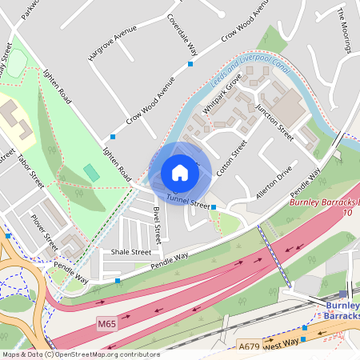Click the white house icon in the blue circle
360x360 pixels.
[180, 173]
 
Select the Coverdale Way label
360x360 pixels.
[182, 34]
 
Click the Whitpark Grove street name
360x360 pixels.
[222, 94]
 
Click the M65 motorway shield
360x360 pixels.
[107, 323]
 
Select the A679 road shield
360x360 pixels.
[250, 346]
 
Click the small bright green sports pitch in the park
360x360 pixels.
[91, 172]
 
